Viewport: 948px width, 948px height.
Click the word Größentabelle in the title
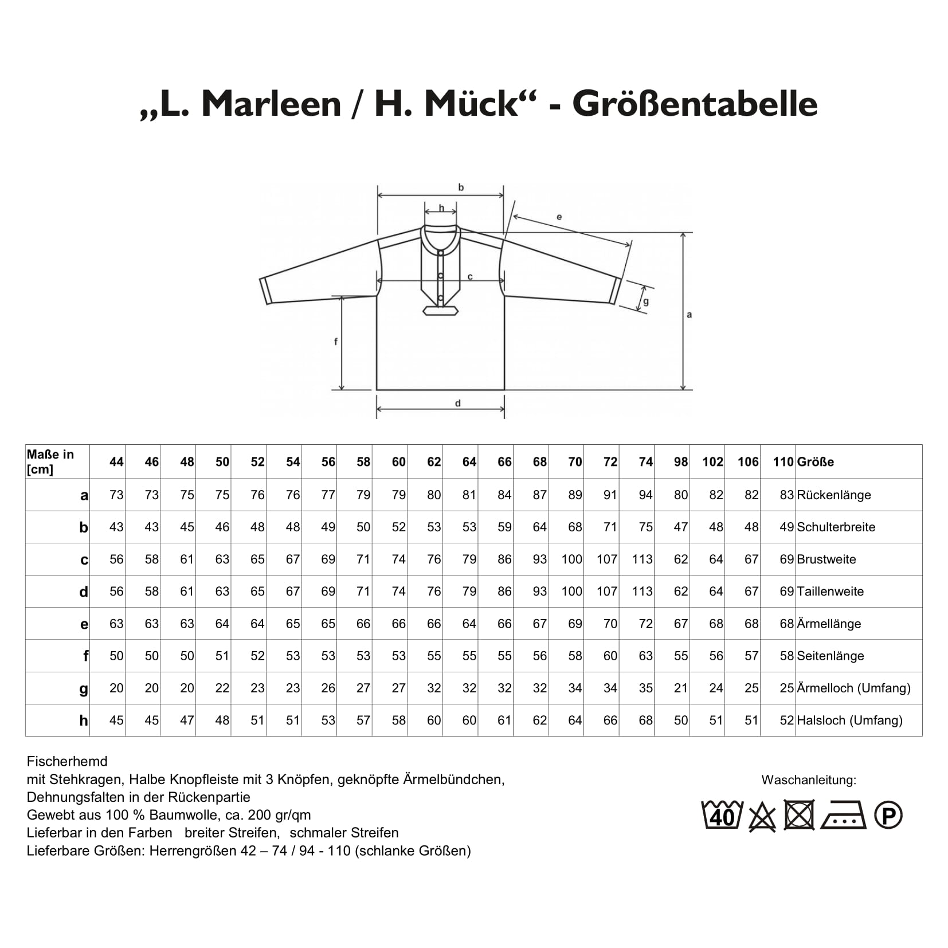(694, 104)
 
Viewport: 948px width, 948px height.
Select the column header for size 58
(363, 462)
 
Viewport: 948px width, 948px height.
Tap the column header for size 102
(713, 462)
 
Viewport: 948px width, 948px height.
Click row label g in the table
(84, 689)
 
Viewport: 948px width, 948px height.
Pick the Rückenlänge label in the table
(834, 495)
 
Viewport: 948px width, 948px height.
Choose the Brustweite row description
(826, 559)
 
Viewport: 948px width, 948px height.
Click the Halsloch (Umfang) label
(849, 720)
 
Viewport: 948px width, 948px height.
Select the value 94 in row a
(646, 495)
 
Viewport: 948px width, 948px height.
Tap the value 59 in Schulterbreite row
(504, 527)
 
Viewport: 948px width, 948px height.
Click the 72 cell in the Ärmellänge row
(646, 624)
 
